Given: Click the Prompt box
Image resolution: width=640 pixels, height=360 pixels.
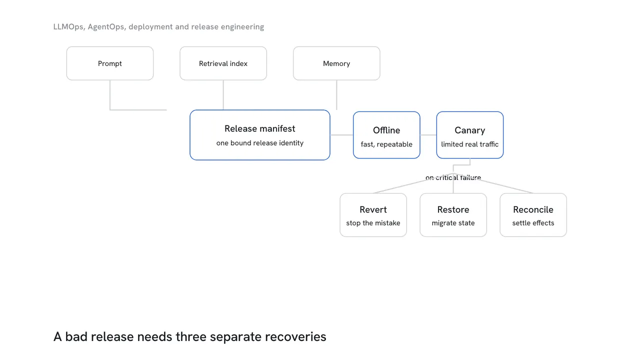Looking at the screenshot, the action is coord(109,63).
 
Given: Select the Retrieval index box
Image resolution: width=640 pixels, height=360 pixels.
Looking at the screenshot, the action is coord(223,63).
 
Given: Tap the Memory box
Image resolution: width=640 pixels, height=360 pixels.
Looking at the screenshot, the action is coord(336,63).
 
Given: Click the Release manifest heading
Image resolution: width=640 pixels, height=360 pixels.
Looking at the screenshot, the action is coord(259,128).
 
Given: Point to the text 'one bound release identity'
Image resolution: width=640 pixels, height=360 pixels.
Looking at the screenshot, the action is coord(259,143).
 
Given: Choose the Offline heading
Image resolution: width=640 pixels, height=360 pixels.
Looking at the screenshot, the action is coord(386,130).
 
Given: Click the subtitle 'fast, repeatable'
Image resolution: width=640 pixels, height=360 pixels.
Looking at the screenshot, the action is coord(386,144).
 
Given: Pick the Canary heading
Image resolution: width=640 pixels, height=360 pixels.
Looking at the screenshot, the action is coord(469,130).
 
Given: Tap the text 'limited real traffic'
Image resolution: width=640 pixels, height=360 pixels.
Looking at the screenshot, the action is coord(469,144).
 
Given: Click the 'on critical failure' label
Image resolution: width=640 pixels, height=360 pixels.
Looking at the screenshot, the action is coord(453,177).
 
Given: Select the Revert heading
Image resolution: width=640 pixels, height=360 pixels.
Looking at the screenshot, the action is coord(373,209).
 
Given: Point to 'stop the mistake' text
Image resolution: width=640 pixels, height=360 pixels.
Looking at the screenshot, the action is coord(373,223).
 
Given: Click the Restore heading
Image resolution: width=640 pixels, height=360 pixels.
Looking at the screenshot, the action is coord(453,209).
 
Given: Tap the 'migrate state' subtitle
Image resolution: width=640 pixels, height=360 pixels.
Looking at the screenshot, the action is coord(453,223).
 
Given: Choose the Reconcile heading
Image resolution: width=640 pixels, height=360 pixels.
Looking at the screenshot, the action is coord(533,209).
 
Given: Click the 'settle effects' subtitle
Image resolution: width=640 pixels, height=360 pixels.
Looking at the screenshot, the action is coord(533,223).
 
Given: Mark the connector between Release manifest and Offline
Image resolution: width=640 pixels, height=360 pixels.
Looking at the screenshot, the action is coord(341,135).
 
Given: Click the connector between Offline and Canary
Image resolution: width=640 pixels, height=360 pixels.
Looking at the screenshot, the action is coord(428,135).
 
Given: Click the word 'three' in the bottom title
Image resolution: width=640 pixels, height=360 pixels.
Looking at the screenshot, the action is coord(191,336).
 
